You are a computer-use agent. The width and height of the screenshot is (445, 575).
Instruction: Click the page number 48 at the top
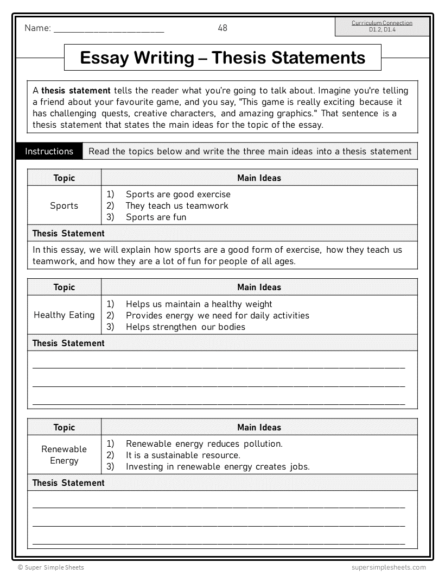click(x=223, y=28)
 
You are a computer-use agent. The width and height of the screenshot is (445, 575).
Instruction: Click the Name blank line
click(x=109, y=30)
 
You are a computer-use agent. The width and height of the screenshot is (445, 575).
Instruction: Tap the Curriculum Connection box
click(x=382, y=27)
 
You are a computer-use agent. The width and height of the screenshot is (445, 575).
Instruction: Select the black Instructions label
click(x=49, y=152)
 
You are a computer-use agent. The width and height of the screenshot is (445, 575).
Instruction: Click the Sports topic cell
click(x=64, y=205)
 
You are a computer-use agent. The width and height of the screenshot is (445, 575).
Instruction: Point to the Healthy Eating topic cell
click(x=64, y=315)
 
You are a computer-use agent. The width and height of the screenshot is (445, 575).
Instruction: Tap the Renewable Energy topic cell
click(x=64, y=455)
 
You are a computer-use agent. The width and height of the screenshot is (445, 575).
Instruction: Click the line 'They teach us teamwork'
click(x=177, y=205)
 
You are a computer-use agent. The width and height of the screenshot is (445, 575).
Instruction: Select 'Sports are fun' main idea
click(x=156, y=217)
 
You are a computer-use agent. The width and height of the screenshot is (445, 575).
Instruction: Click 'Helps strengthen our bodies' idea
click(x=185, y=327)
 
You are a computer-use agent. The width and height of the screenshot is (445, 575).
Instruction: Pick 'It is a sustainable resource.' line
click(x=183, y=455)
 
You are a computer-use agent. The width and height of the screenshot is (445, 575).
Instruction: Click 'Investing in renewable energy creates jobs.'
click(x=218, y=466)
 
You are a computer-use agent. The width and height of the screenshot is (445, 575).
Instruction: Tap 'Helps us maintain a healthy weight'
click(x=199, y=304)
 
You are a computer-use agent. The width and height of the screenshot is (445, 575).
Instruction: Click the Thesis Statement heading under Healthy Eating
click(x=68, y=343)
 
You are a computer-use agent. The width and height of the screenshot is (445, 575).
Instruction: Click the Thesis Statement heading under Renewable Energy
click(x=68, y=483)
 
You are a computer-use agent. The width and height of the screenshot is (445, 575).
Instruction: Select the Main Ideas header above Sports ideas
click(x=259, y=178)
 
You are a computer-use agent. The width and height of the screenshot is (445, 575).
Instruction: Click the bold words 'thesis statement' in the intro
click(x=76, y=91)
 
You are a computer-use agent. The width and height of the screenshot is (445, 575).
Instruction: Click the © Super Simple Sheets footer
click(x=51, y=567)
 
